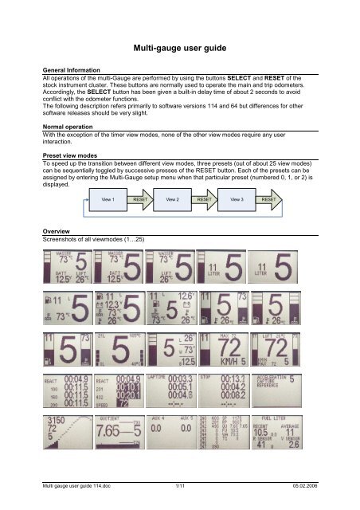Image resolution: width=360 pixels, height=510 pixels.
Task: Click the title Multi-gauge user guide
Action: (180, 48)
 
